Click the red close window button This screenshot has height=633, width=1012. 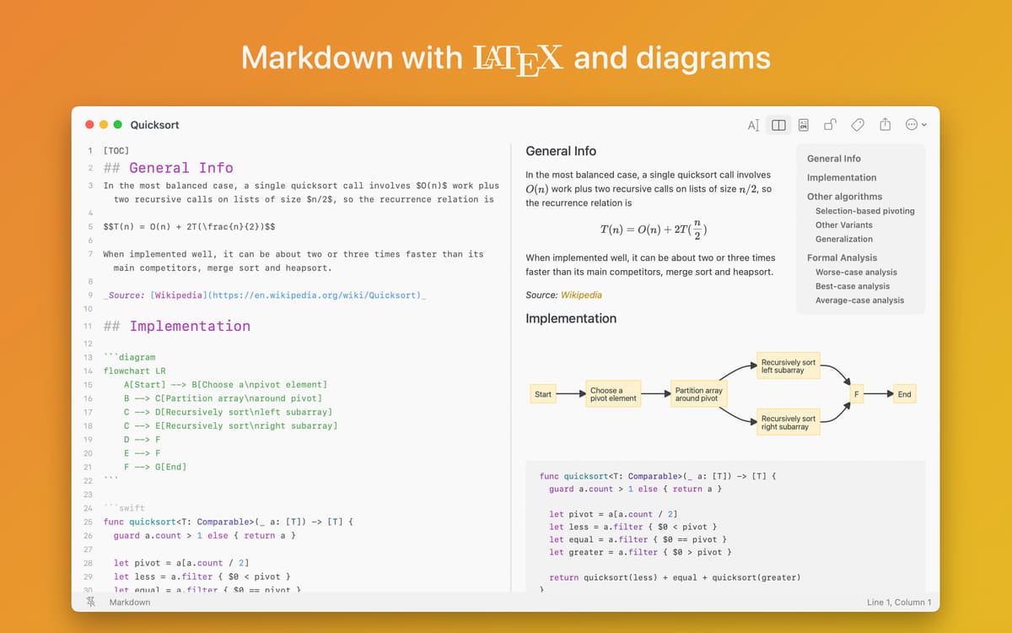(x=89, y=124)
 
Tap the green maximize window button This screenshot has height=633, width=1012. (x=117, y=124)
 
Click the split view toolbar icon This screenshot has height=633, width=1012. (x=778, y=125)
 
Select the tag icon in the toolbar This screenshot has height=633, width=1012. (x=857, y=125)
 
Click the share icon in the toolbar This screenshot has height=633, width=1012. (x=885, y=124)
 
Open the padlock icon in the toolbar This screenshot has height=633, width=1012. (x=831, y=124)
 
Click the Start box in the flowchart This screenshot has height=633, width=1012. (x=542, y=394)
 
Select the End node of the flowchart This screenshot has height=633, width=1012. (x=904, y=394)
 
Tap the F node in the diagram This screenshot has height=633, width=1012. (x=856, y=394)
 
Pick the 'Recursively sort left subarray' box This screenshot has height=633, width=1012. (x=789, y=365)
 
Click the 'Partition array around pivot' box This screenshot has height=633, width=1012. (x=698, y=394)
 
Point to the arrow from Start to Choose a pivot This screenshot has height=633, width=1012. (x=571, y=394)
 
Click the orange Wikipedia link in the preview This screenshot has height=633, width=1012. (x=581, y=295)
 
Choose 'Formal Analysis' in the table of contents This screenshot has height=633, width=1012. (x=842, y=257)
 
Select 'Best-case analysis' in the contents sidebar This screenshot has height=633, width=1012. (x=853, y=286)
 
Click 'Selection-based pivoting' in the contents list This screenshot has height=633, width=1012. (x=864, y=211)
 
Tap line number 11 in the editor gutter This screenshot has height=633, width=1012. (x=88, y=326)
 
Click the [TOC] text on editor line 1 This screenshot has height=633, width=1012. (x=116, y=150)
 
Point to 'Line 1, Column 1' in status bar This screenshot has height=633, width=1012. (x=899, y=603)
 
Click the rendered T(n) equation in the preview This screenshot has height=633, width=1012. (x=654, y=230)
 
